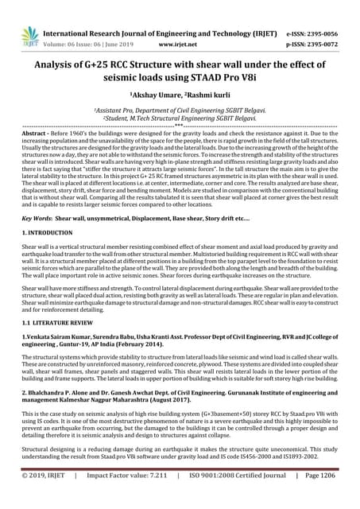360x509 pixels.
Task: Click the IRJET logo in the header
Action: pyautogui.click(x=30, y=36)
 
